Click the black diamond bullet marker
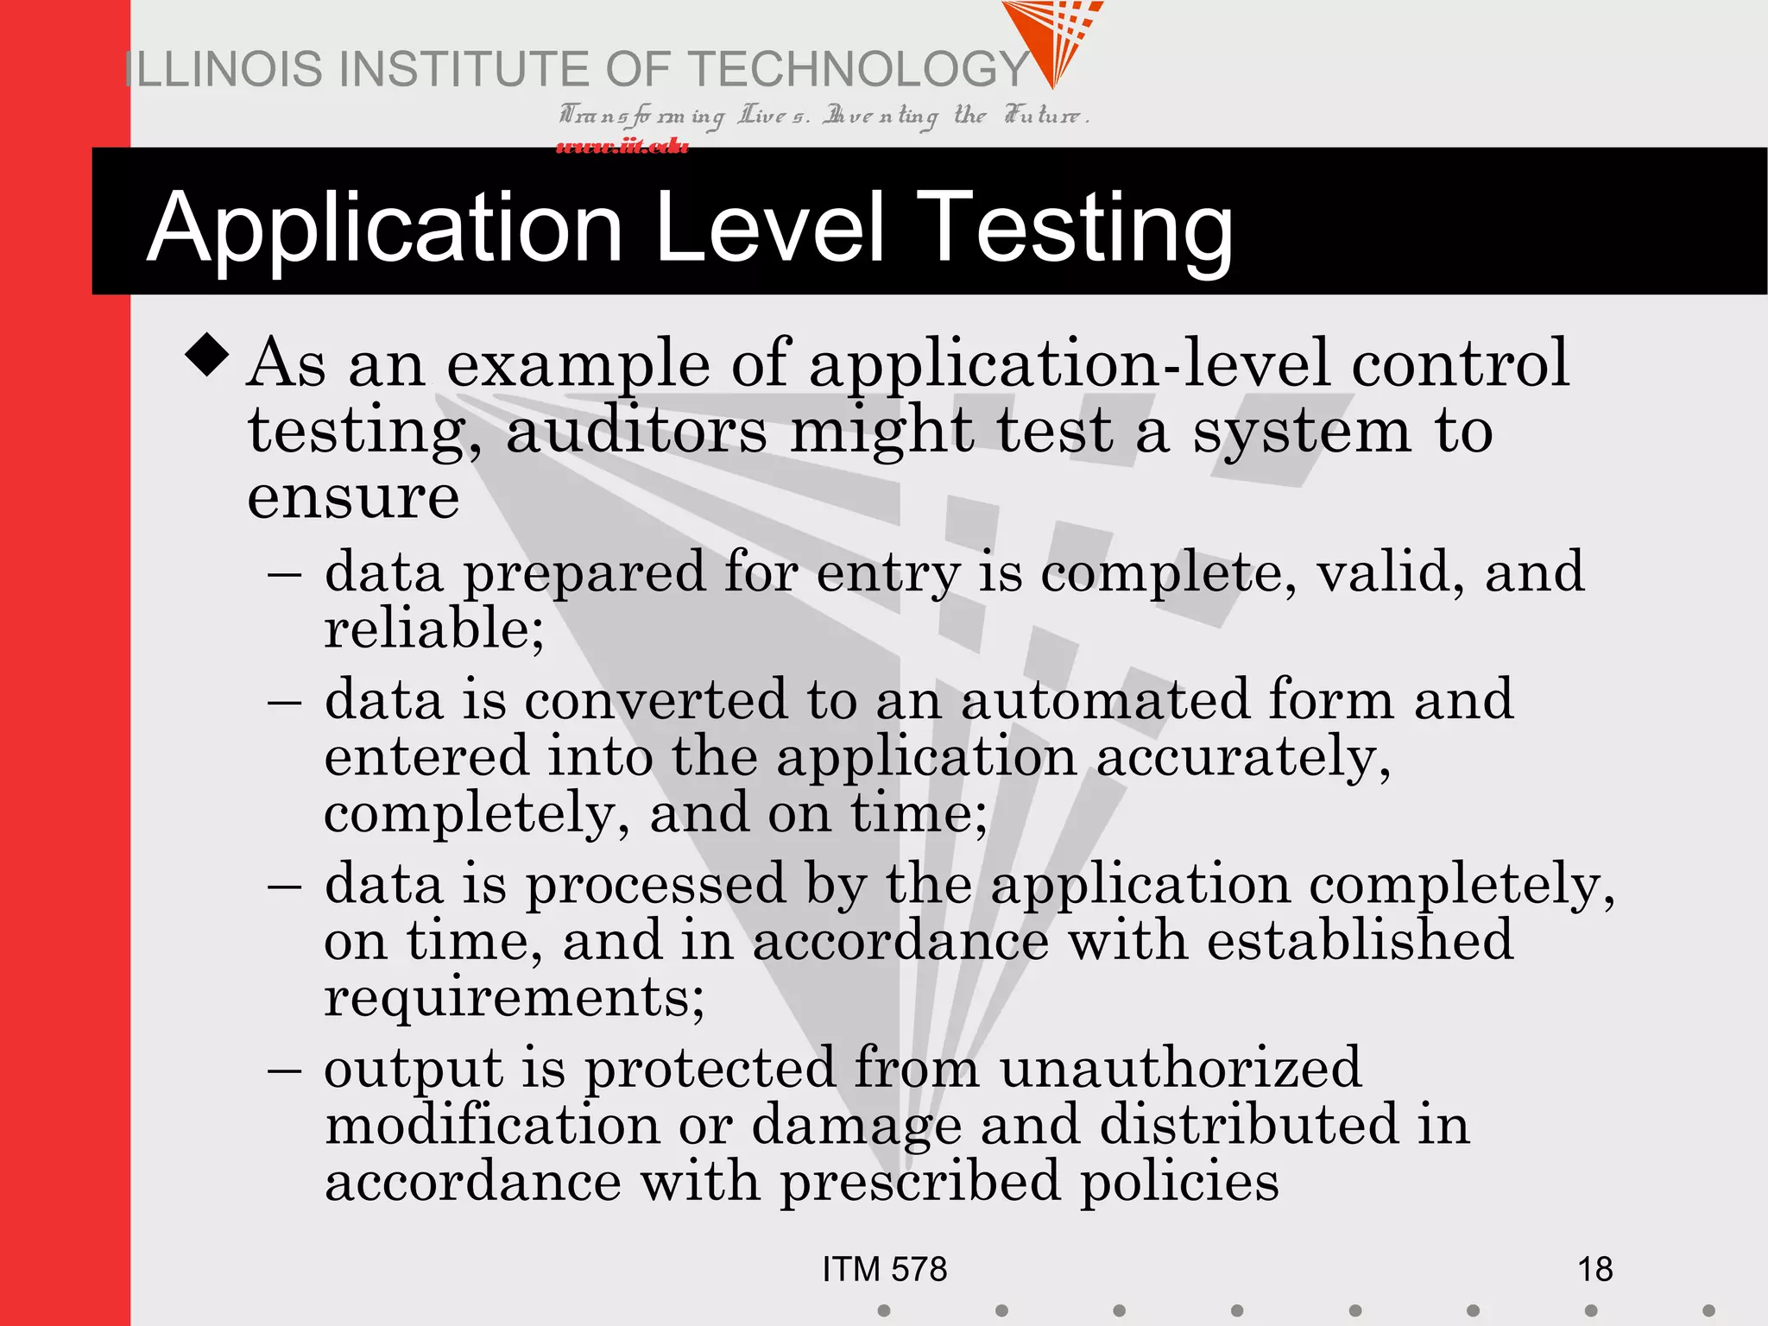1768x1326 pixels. pyautogui.click(x=207, y=354)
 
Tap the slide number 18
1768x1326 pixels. pyautogui.click(x=1594, y=1269)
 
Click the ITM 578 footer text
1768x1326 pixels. pyautogui.click(x=884, y=1269)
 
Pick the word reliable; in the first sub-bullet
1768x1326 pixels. pyautogui.click(x=434, y=628)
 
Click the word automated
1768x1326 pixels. pyautogui.click(x=1104, y=698)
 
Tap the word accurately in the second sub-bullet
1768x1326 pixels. pyautogui.click(x=1243, y=757)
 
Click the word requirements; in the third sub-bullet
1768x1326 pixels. pyautogui.click(x=515, y=998)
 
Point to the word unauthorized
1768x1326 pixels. pyautogui.click(x=1180, y=1067)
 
